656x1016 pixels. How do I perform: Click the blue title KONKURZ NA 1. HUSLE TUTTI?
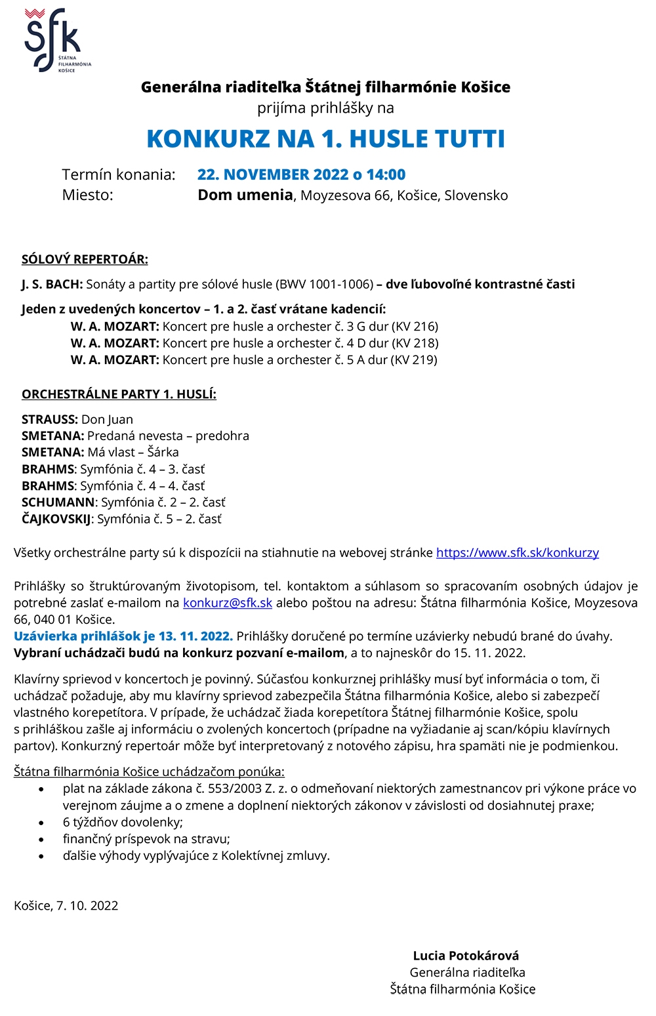click(326, 139)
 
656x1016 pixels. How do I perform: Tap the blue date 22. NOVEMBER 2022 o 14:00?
click(301, 174)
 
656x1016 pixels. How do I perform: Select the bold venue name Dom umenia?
click(245, 195)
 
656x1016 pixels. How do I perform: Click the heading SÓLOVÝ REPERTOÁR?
click(85, 259)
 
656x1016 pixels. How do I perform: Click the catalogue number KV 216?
click(415, 326)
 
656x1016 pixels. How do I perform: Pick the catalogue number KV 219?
click(414, 359)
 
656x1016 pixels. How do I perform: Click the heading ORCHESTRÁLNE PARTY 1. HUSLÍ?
click(119, 394)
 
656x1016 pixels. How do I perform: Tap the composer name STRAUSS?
click(49, 419)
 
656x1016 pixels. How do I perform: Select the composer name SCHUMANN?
click(58, 502)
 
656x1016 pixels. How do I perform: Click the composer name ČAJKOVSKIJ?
click(56, 519)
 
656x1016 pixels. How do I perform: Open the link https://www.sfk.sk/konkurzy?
click(518, 552)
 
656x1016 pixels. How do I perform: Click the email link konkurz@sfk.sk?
click(228, 603)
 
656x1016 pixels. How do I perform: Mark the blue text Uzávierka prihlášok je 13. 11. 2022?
click(123, 636)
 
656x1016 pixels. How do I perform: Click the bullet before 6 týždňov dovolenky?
click(42, 823)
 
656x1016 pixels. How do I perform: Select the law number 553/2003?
click(237, 788)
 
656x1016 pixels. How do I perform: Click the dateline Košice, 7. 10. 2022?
click(66, 905)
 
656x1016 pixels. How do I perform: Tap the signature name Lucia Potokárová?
click(466, 956)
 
